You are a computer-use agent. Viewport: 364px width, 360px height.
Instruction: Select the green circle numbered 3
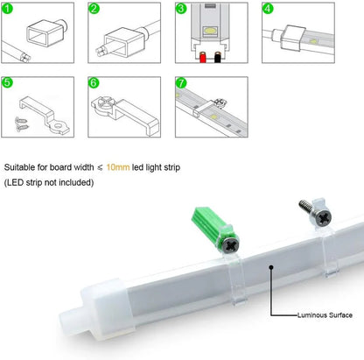(x=183, y=10)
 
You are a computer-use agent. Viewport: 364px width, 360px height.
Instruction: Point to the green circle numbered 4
(x=269, y=10)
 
